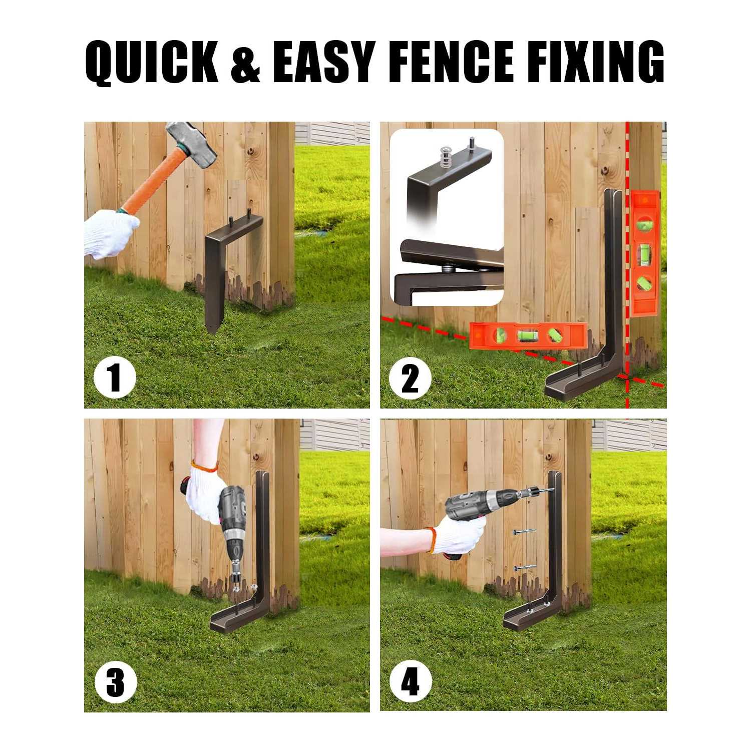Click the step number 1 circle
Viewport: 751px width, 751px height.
tap(115, 378)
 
